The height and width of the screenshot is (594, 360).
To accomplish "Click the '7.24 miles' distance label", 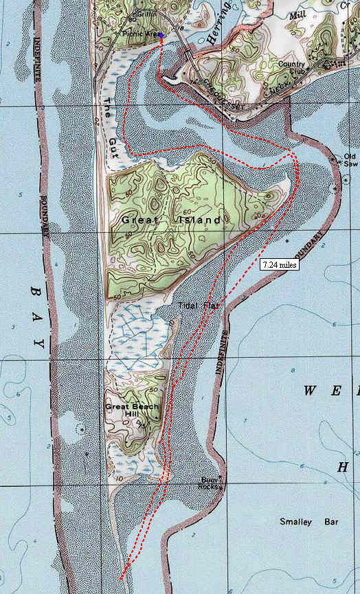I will pyautogui.click(x=279, y=264).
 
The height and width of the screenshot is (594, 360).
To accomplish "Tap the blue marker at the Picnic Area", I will pyautogui.click(x=161, y=35).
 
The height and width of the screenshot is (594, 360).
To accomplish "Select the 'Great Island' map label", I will pyautogui.click(x=172, y=220).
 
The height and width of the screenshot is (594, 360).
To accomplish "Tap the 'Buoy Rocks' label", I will pyautogui.click(x=208, y=483).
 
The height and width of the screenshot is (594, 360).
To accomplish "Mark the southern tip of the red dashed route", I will pyautogui.click(x=122, y=578).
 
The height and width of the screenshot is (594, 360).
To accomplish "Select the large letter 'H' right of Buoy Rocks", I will pyautogui.click(x=341, y=468).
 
